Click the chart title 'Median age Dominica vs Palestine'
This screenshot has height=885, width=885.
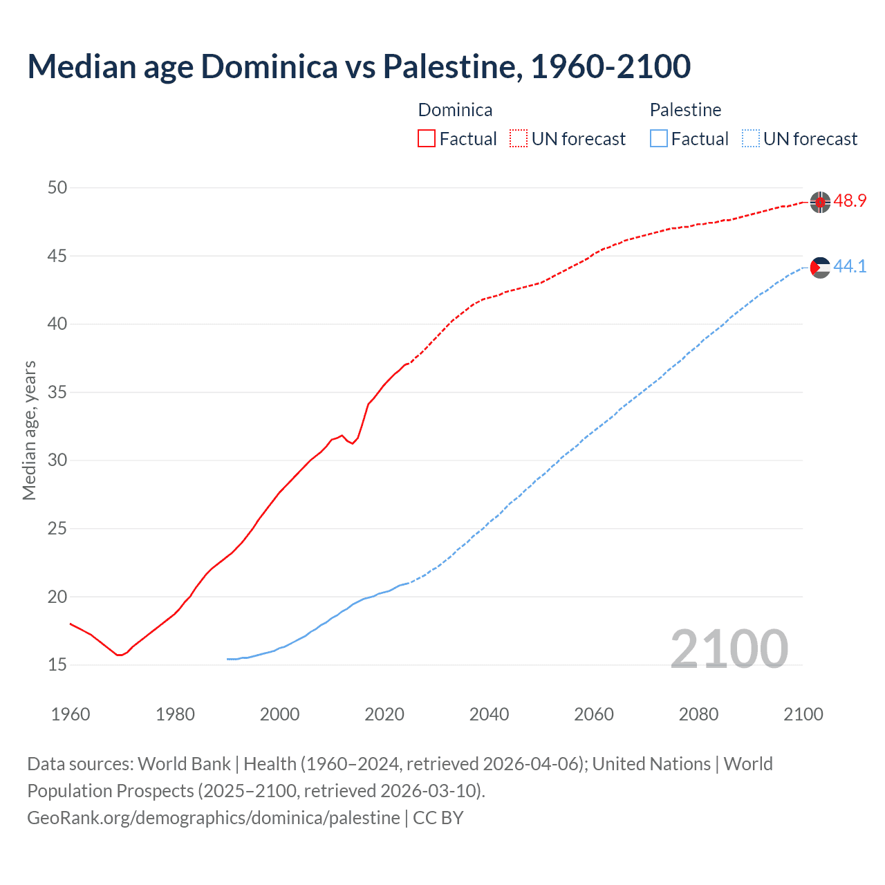click(359, 66)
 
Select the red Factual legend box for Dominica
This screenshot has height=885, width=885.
click(427, 139)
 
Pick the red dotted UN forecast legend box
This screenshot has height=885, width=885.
click(519, 139)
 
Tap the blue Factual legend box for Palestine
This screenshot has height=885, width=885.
click(659, 139)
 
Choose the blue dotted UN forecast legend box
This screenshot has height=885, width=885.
click(751, 139)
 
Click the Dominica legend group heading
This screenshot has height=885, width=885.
click(455, 110)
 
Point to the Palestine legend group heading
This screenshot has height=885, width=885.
click(685, 110)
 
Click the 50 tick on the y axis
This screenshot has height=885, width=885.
click(57, 188)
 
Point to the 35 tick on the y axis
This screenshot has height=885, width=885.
click(57, 393)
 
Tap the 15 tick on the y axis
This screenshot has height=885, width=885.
click(57, 665)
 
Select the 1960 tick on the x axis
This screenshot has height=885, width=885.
click(71, 714)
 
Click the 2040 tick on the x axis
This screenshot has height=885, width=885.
click(489, 714)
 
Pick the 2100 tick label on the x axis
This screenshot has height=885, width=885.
click(803, 714)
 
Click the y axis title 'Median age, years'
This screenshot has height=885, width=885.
click(29, 430)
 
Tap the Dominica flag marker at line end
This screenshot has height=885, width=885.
click(820, 202)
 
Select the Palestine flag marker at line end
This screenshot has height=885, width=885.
click(820, 267)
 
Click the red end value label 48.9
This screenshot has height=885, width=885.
click(850, 201)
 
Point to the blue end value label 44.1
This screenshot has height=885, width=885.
click(850, 266)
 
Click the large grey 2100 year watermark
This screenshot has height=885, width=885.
click(729, 649)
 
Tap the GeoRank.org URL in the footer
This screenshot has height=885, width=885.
click(213, 818)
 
